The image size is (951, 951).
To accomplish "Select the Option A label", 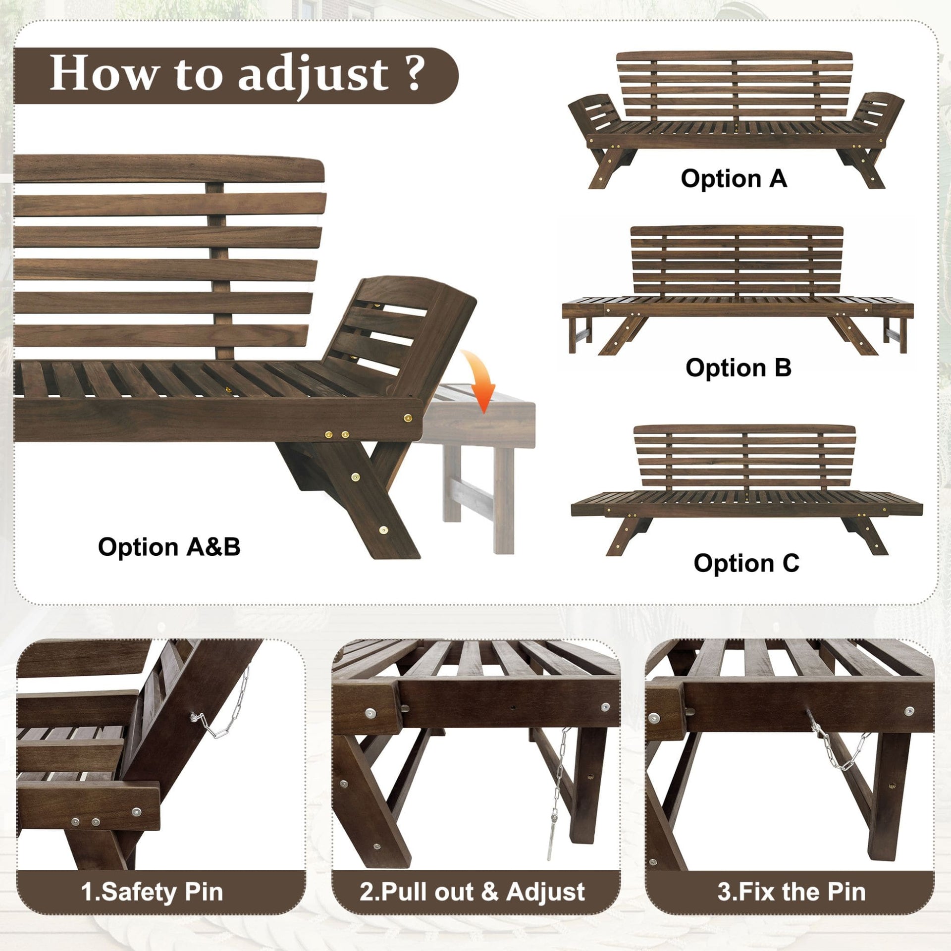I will coord(734,178).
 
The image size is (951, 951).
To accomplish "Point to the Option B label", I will coord(738,368).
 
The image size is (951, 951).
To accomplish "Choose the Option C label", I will coord(746,563).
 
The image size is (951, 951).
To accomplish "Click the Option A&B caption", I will coord(169,547).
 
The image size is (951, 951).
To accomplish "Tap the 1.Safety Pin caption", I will coord(152,892).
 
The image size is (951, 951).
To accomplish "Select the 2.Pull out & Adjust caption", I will coord(472,892).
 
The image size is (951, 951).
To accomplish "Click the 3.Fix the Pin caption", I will coord(792,892).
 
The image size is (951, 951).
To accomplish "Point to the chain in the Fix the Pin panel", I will coord(837,755).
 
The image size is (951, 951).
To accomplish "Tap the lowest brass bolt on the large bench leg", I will coord(383,530).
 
